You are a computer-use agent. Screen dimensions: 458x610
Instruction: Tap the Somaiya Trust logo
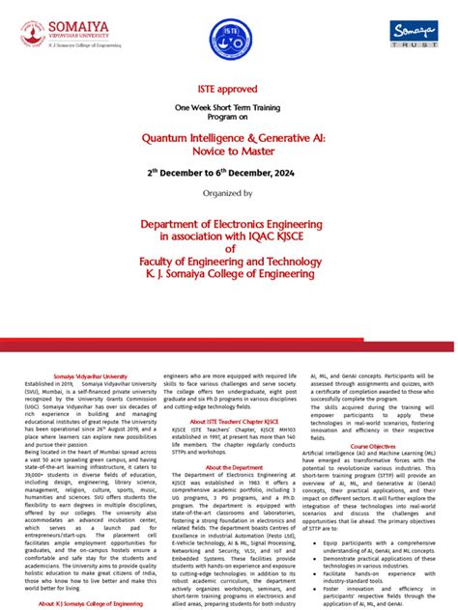416,37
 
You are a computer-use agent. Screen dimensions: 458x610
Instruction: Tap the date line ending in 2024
228,174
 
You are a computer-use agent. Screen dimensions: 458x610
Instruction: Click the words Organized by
228,193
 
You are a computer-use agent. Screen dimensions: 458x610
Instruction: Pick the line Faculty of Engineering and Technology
228,261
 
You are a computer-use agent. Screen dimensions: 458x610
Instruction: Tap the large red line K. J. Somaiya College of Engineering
228,273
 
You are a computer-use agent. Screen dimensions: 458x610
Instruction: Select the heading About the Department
228,467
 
